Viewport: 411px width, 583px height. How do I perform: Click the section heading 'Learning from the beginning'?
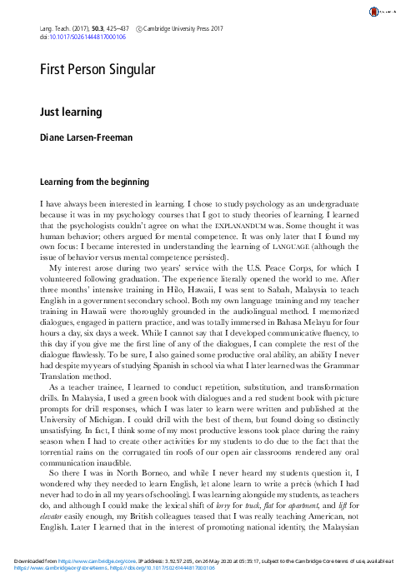click(94, 181)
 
